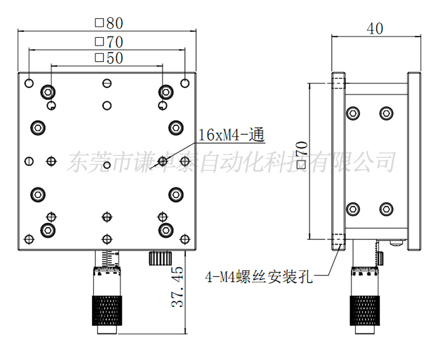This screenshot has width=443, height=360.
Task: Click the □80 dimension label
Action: pyautogui.click(x=109, y=23)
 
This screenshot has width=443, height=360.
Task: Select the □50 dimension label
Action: pyautogui.click(x=109, y=58)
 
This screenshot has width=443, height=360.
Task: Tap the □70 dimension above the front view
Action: pyautogui.click(x=109, y=42)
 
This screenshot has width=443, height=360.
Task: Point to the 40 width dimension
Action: pyautogui.click(x=375, y=28)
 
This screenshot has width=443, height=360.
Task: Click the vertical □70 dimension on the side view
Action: pyautogui.click(x=302, y=157)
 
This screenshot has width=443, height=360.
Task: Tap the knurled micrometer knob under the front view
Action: pyautogui.click(x=106, y=310)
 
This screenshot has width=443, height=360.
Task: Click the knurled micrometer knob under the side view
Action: pyautogui.click(x=364, y=310)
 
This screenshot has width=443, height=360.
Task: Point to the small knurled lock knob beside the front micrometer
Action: pyautogui.click(x=159, y=258)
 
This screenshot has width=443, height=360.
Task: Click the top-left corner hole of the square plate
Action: pyautogui.click(x=28, y=82)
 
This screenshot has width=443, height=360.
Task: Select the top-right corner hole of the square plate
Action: pyautogui.click(x=184, y=82)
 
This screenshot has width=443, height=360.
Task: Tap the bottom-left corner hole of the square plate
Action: pyautogui.click(x=28, y=239)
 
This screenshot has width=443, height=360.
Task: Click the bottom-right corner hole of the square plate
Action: pyautogui.click(x=184, y=239)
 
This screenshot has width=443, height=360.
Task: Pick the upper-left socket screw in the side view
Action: pyautogui.click(x=353, y=112)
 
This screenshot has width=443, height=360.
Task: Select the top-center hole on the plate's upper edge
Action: pyautogui.click(x=106, y=82)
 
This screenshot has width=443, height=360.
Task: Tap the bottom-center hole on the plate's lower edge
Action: pyautogui.click(x=106, y=239)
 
